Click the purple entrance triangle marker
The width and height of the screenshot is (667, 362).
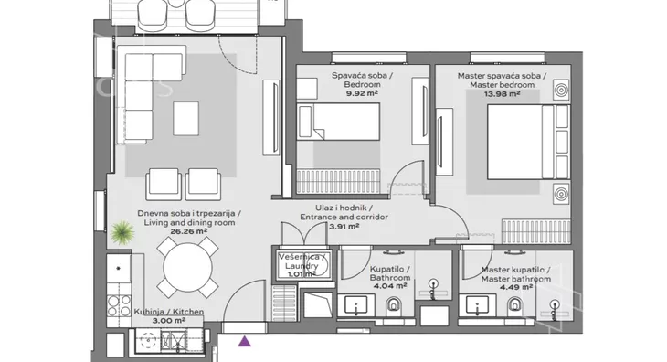pyautogui.click(x=244, y=341)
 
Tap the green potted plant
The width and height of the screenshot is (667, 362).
pyautogui.click(x=122, y=232)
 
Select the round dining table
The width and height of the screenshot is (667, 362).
pyautogui.click(x=187, y=268)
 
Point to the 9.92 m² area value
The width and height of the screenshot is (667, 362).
pyautogui.click(x=362, y=93)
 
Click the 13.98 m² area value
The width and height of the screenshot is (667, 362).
pyautogui.click(x=502, y=94)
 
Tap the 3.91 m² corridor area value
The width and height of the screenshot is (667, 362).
pyautogui.click(x=344, y=226)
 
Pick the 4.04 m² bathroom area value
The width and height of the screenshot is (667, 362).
pyautogui.click(x=389, y=286)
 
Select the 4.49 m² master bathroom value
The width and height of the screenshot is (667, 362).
pyautogui.click(x=516, y=287)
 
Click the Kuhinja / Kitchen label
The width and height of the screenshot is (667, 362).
pyautogui.click(x=169, y=312)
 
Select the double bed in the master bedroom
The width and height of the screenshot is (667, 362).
pyautogui.click(x=528, y=142)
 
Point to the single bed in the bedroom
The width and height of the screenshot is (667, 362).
pyautogui.click(x=338, y=122)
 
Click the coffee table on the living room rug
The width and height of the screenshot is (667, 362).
pyautogui.click(x=185, y=119)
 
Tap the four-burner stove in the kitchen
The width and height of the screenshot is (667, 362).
pyautogui.click(x=119, y=306)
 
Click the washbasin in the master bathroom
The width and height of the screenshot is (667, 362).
pyautogui.click(x=477, y=306)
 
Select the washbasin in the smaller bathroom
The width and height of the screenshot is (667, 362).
pyautogui.click(x=356, y=306)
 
